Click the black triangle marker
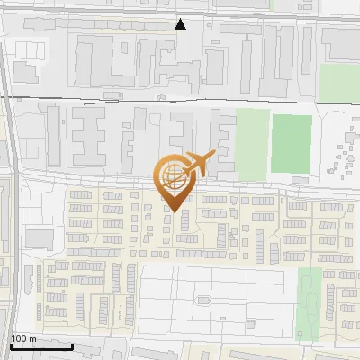point(181,24)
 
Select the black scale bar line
point(41,346)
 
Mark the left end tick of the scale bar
point(10,345)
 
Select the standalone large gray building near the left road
point(39,238)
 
